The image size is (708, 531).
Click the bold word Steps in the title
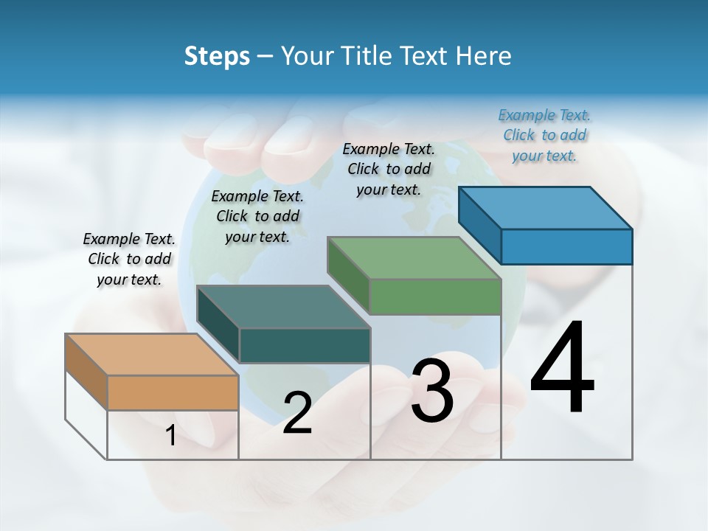point(217,56)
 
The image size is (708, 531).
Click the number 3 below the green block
point(432,390)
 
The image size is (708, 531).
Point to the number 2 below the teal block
point(297,413)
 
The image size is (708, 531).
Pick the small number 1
point(171,436)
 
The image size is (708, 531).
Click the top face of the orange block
point(152,354)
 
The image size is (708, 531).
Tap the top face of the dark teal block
point(283,306)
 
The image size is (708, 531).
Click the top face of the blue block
point(545,207)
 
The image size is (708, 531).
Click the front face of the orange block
point(173,392)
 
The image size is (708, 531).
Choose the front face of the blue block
point(566,246)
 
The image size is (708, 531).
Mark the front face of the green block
point(435,296)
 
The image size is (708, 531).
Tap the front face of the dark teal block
point(305,345)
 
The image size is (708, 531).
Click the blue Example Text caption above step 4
point(544,135)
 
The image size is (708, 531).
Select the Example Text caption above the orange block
point(129,259)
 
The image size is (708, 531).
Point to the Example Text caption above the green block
point(389,169)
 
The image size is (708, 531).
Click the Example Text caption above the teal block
point(257,216)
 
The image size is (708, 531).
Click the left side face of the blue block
point(480,225)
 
